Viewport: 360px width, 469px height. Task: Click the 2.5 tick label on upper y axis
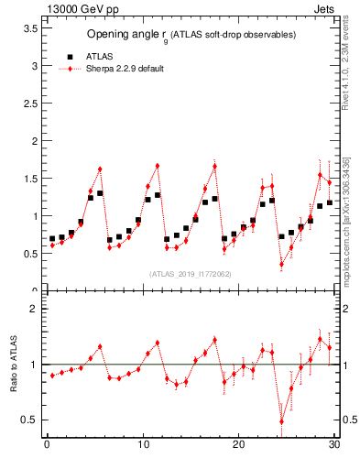click(31, 104)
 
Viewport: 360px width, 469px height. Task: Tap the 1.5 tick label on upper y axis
click(31, 179)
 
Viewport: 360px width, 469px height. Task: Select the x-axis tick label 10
click(142, 445)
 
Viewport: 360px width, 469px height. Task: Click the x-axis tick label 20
click(238, 445)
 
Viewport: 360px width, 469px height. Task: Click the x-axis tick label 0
click(47, 445)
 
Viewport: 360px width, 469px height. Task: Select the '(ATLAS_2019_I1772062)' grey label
click(190, 273)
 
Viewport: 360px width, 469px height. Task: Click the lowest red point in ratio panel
click(281, 421)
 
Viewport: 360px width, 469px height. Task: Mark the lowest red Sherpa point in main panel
click(281, 264)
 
